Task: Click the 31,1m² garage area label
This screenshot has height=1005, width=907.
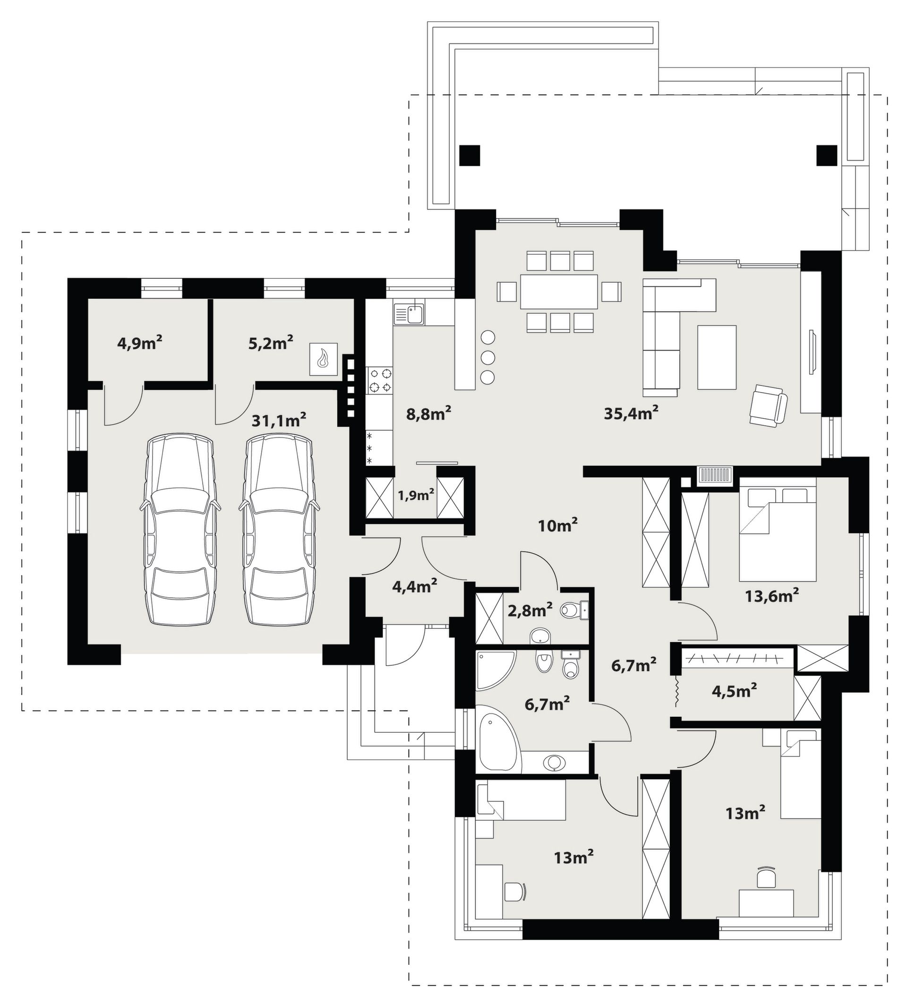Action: [279, 420]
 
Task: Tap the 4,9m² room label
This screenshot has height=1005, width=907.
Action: [140, 343]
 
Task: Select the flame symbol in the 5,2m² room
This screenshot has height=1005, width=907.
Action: [324, 359]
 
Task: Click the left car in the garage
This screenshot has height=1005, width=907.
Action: [180, 529]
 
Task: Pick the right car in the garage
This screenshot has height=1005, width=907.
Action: [279, 529]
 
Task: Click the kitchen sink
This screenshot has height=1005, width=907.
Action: [409, 314]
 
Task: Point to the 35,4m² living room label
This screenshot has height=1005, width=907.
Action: [632, 412]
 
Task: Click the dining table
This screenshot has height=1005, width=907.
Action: [559, 291]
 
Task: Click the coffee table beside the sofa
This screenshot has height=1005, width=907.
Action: [717, 357]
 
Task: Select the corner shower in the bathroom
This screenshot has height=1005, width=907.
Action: [495, 670]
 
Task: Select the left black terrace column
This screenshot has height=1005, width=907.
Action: [470, 155]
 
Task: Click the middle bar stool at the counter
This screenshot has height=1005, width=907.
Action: [488, 357]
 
